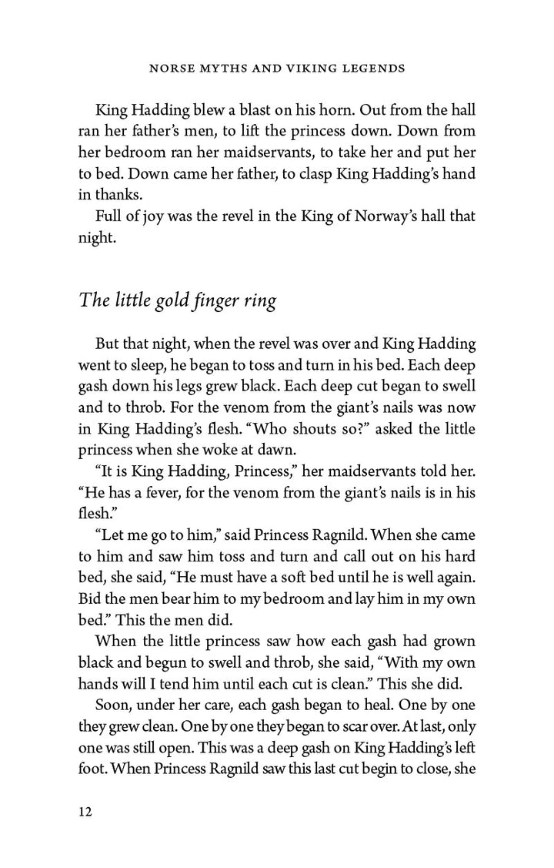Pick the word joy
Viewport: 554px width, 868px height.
tap(149, 216)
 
